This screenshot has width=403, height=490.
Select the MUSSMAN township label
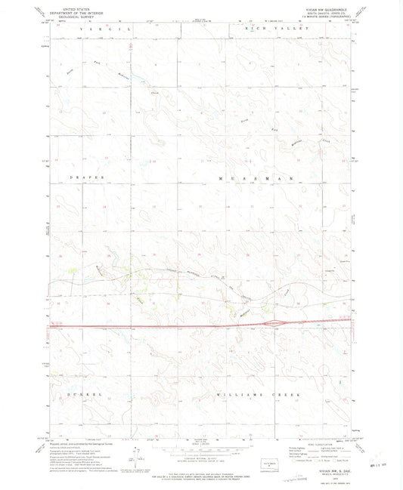pyautogui.click(x=253, y=178)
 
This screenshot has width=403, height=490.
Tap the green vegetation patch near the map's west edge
pyautogui.click(x=73, y=268)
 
